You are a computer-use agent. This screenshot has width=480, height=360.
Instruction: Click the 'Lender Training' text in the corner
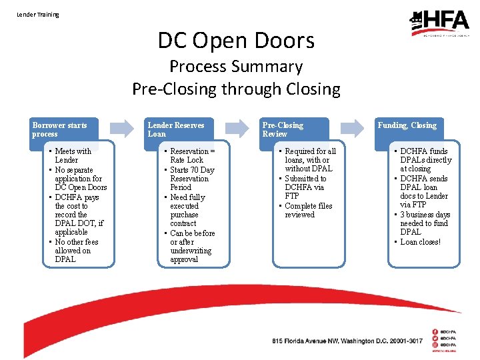[x=38, y=14]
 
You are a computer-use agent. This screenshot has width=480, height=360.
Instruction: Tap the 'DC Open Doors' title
[x=236, y=41]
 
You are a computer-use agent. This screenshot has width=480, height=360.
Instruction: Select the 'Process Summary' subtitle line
[x=236, y=67]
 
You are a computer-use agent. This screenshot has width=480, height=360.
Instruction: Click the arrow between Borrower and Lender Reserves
[x=121, y=128]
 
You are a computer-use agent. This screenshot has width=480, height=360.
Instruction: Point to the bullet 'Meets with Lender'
[x=73, y=155]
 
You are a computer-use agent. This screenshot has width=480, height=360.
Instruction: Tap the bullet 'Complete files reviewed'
[x=309, y=210]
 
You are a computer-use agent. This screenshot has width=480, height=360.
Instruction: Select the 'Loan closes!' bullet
[x=420, y=241]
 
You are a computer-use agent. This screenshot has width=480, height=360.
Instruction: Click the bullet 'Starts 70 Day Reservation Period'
[x=192, y=179]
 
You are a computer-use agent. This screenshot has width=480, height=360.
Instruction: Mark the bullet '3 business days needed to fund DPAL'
[x=425, y=223]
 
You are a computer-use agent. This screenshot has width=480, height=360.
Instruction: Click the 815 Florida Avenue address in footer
[x=347, y=341]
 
